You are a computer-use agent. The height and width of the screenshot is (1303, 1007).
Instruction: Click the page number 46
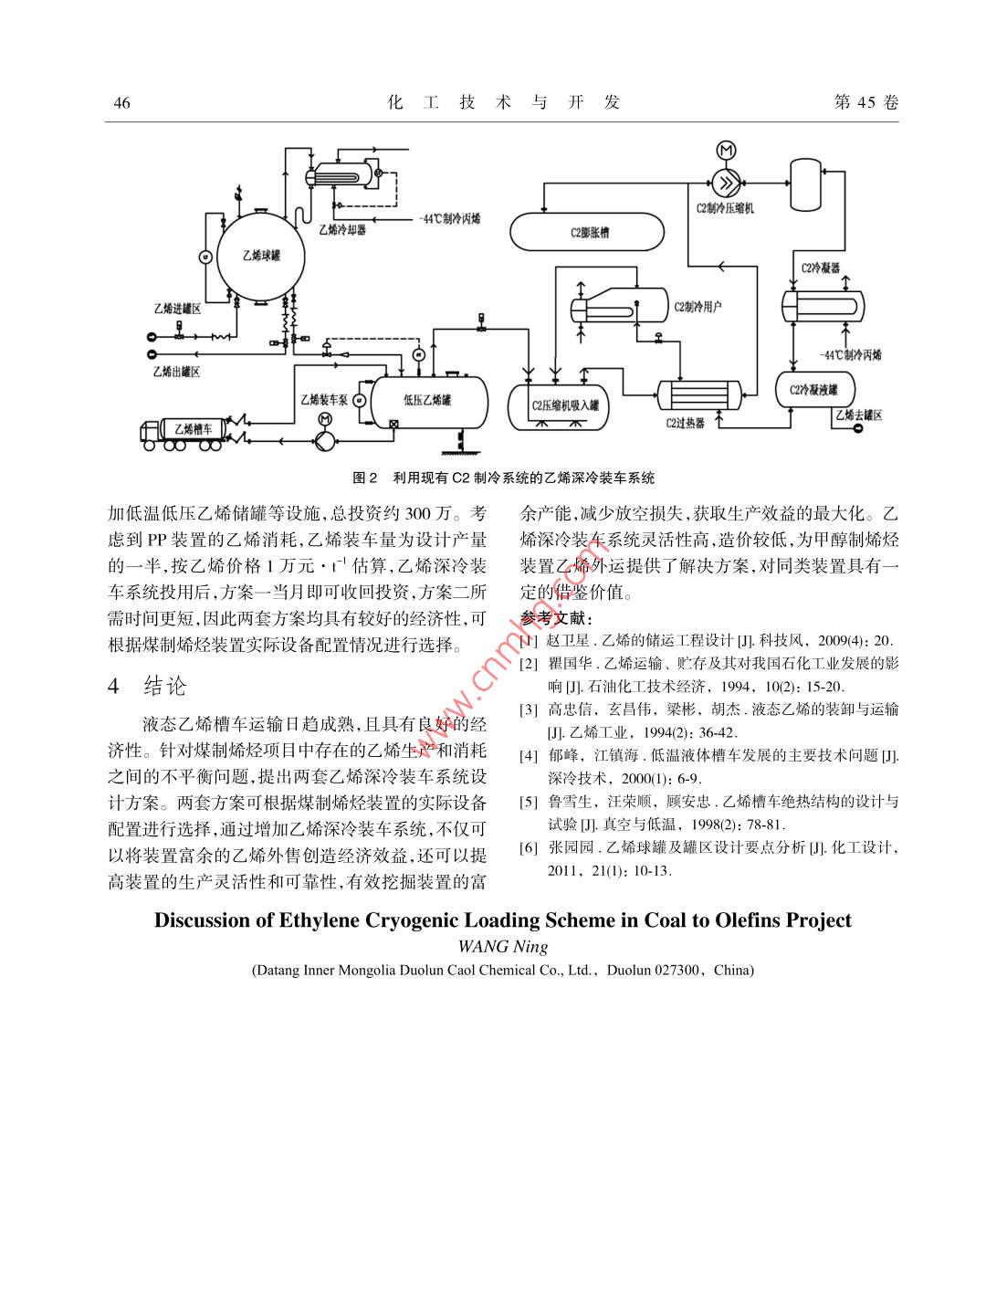121,102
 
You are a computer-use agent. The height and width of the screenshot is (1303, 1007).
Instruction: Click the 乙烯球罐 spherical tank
261,256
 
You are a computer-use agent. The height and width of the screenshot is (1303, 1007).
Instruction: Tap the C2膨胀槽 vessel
586,232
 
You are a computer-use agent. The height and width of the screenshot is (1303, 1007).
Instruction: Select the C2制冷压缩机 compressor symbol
727,183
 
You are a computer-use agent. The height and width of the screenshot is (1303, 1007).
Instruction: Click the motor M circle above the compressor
727,151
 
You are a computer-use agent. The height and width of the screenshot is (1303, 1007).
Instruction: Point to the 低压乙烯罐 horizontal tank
428,400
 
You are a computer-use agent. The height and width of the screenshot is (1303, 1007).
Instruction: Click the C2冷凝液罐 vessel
814,390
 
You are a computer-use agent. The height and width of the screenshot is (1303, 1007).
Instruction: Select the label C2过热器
685,424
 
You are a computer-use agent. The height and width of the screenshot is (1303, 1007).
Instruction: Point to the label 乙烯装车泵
324,399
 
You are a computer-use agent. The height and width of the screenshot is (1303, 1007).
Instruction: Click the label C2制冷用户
698,306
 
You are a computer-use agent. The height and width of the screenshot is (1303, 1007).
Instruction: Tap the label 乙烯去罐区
858,415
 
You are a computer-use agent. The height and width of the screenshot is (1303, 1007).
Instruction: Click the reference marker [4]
529,756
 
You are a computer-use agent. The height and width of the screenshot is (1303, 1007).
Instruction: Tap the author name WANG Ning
502,946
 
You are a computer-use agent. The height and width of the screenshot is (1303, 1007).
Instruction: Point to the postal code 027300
669,970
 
